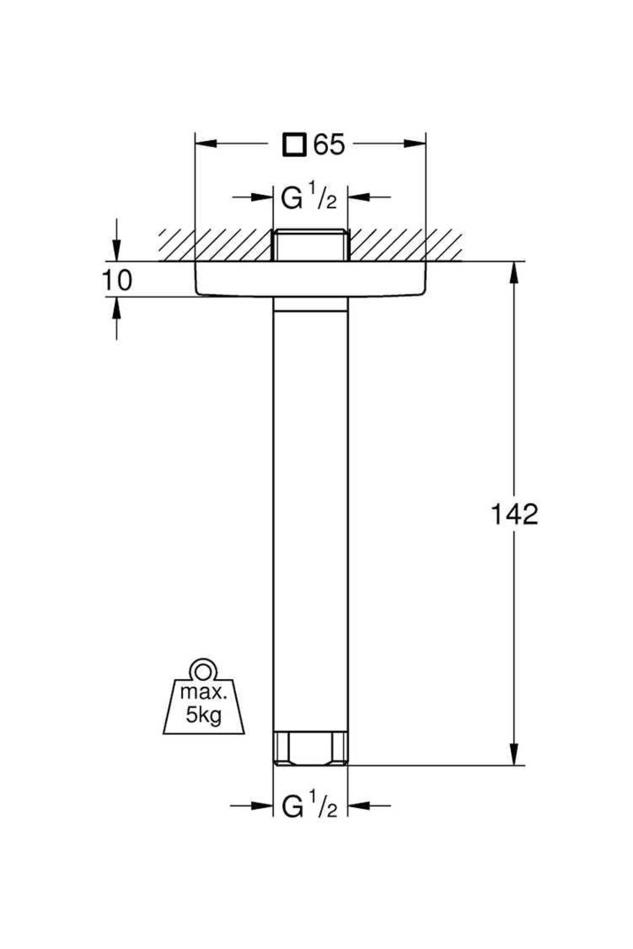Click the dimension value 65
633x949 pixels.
click(x=330, y=144)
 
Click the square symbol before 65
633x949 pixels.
click(x=294, y=144)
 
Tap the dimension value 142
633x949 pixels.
click(x=514, y=514)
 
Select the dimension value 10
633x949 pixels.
click(x=117, y=280)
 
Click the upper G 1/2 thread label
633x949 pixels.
click(x=309, y=197)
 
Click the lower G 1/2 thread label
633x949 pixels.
click(x=309, y=806)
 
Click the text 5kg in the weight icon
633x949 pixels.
click(x=204, y=715)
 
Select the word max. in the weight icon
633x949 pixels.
click(x=204, y=692)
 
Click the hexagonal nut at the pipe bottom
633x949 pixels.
click(x=310, y=748)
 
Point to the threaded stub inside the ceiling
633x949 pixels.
click(x=310, y=245)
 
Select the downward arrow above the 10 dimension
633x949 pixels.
click(x=117, y=250)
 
